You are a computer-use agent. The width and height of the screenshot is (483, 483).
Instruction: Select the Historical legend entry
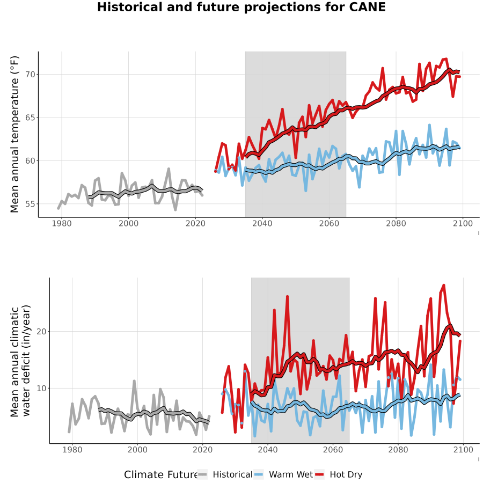[225, 474]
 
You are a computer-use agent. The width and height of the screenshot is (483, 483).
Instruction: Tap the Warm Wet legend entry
[283, 474]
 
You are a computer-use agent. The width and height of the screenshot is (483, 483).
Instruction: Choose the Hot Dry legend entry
[339, 474]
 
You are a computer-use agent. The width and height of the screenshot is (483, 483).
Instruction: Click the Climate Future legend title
[161, 475]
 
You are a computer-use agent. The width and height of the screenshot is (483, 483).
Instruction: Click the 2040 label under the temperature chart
[262, 223]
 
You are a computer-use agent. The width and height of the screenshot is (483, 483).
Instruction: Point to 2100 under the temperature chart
[463, 223]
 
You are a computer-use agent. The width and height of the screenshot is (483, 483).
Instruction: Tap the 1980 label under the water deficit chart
[72, 450]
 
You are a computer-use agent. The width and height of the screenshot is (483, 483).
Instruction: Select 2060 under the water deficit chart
[333, 450]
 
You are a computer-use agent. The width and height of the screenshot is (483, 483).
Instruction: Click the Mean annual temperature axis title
[14, 134]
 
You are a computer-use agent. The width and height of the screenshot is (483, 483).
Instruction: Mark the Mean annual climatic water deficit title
[20, 361]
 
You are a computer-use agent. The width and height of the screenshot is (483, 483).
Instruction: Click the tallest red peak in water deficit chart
[444, 285]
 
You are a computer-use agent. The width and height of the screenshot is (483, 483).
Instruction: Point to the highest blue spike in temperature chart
[429, 125]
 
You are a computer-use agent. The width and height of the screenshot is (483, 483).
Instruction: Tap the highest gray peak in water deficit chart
[134, 380]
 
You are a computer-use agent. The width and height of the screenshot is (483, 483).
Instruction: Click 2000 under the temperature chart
[128, 223]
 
